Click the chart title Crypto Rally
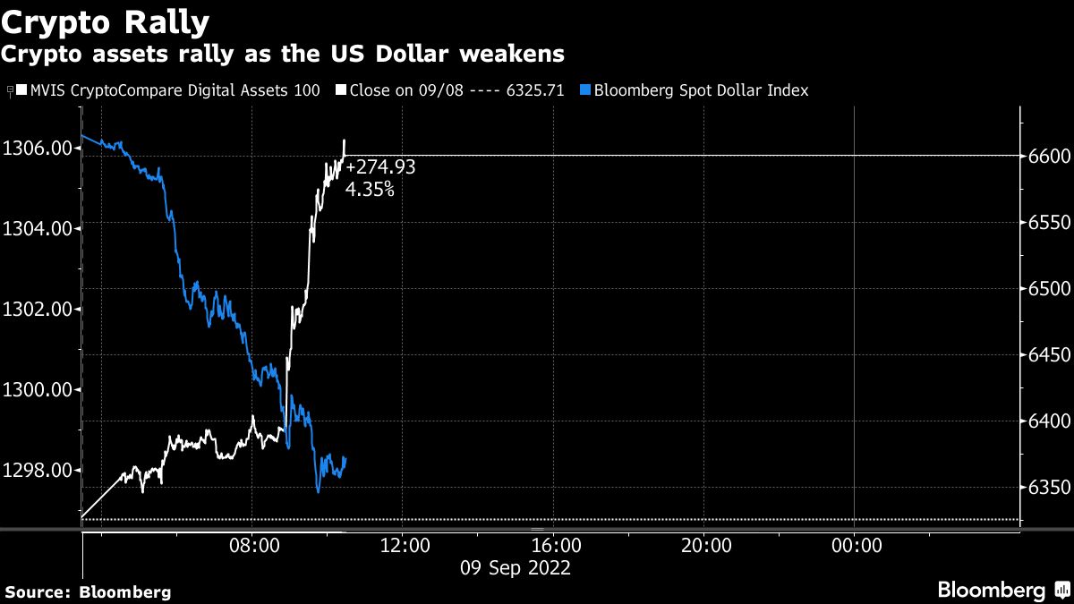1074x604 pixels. [x=106, y=21]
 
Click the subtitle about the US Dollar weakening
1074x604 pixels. [x=282, y=55]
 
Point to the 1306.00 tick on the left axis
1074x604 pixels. [x=37, y=148]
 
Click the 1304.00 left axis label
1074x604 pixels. [x=37, y=228]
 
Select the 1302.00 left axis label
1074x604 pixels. [x=37, y=310]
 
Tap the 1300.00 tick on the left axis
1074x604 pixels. [x=37, y=390]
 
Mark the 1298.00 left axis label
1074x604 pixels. [x=37, y=471]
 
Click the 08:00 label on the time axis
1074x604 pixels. [x=252, y=544]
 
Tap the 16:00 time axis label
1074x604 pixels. [x=554, y=544]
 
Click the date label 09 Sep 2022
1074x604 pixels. [x=515, y=567]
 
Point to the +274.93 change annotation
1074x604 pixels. [x=380, y=167]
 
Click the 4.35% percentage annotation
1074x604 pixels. [x=369, y=189]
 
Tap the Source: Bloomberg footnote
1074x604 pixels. [x=88, y=591]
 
